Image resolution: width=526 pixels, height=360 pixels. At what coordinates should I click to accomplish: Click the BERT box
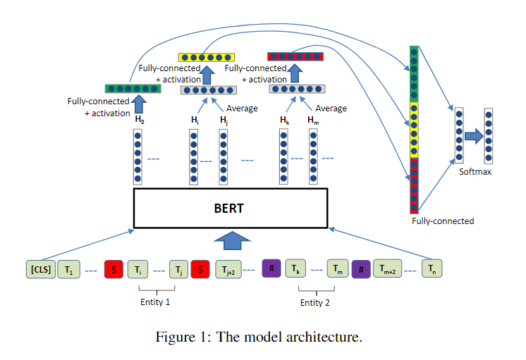(231, 208)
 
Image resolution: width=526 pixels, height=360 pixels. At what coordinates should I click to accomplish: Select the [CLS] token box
(41, 269)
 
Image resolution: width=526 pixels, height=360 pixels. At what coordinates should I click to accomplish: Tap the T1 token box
(68, 269)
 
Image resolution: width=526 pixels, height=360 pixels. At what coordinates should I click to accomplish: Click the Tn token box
(432, 269)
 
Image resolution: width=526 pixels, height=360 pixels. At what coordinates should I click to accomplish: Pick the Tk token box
(295, 269)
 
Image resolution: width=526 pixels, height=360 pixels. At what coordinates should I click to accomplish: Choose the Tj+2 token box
(228, 269)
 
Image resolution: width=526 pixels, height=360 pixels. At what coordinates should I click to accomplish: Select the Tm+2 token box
(388, 269)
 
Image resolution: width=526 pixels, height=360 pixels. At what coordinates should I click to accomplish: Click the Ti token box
(138, 269)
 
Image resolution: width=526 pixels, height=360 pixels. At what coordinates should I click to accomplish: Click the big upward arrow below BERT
(231, 242)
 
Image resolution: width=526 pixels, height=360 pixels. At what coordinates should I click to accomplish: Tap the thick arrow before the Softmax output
(473, 135)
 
